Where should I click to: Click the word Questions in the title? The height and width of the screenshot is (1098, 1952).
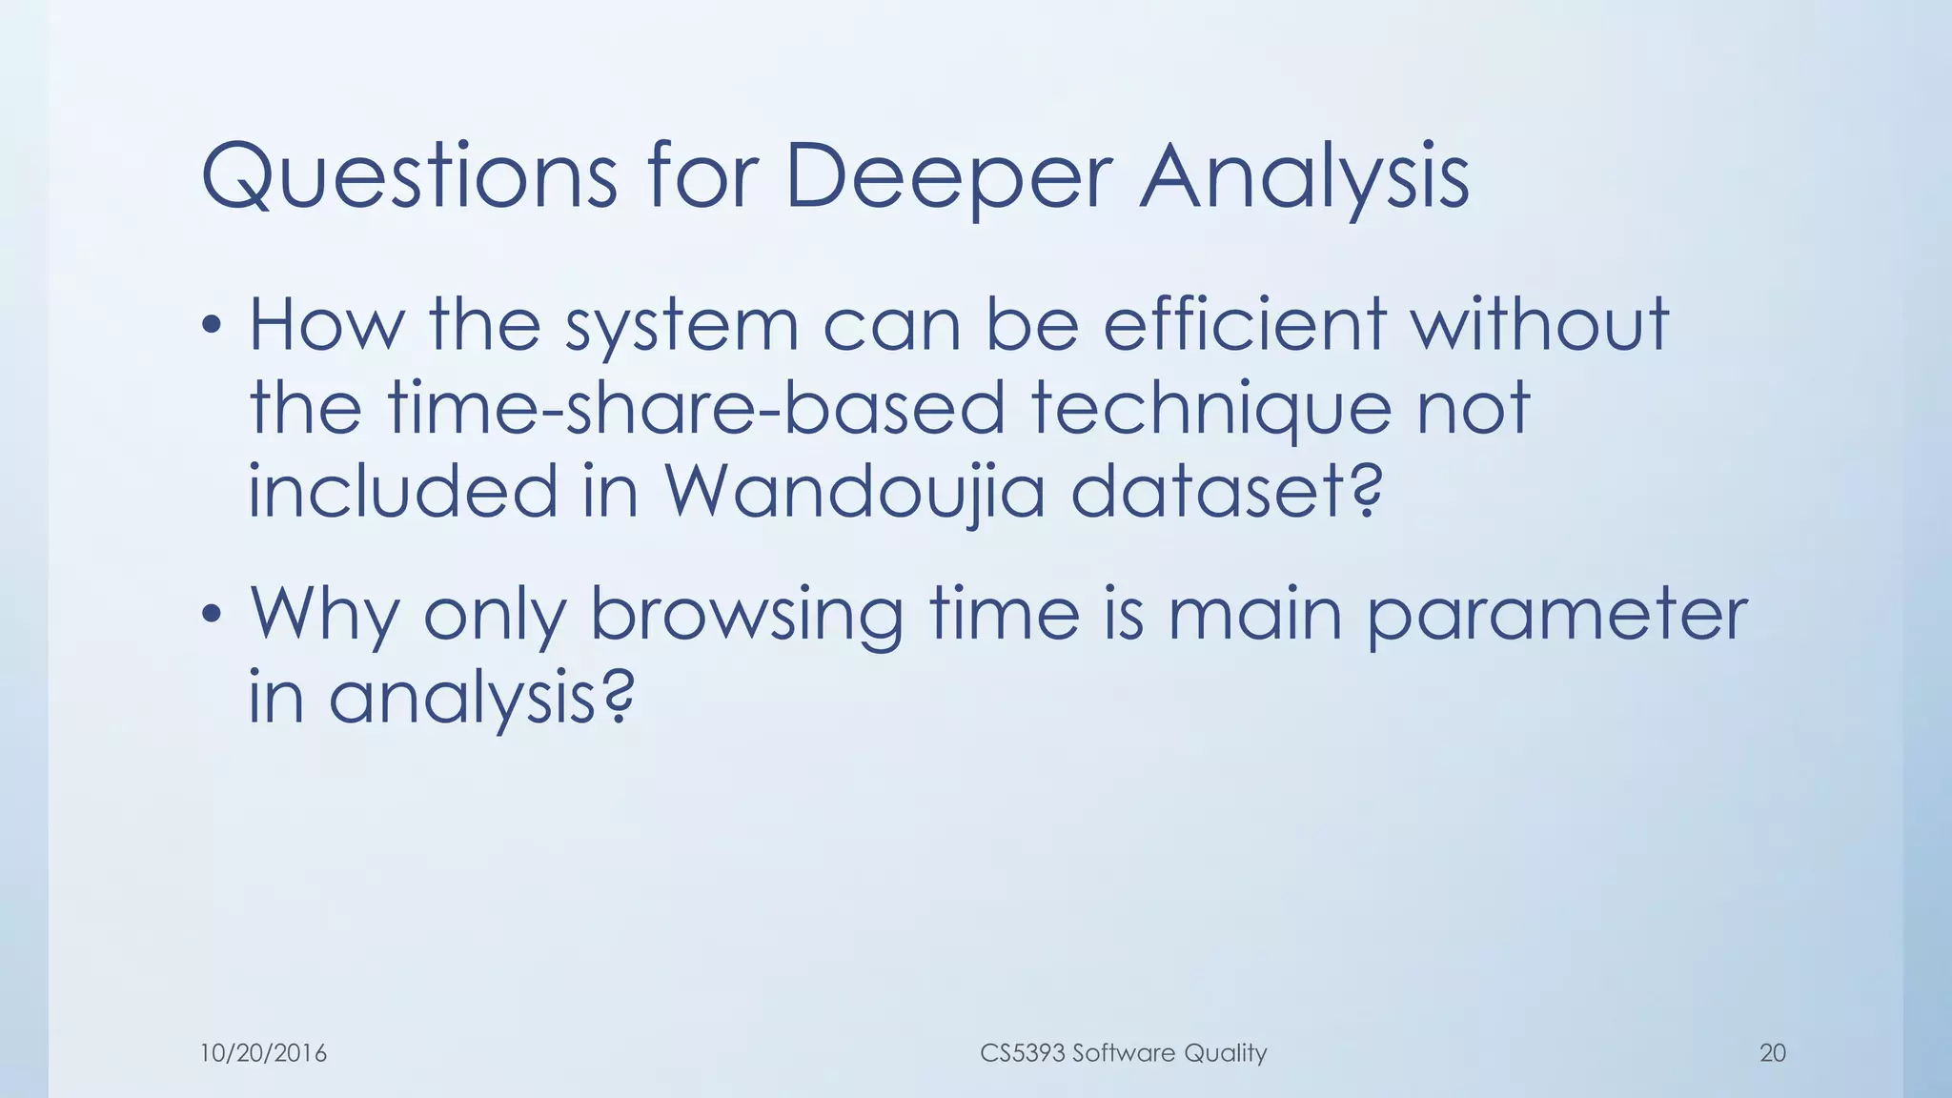(410, 176)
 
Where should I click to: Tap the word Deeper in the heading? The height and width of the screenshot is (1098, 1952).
(948, 176)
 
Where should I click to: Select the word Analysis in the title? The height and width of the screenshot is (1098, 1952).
(1304, 176)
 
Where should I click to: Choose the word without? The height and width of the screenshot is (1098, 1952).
(1539, 325)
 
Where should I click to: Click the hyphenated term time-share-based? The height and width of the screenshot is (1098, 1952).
(696, 408)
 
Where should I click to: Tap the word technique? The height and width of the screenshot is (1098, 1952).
(1210, 408)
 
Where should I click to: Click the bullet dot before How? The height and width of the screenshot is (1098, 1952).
(213, 327)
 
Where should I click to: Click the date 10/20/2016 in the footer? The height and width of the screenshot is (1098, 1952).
(263, 1053)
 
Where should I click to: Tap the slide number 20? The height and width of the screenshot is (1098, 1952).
(1772, 1053)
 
